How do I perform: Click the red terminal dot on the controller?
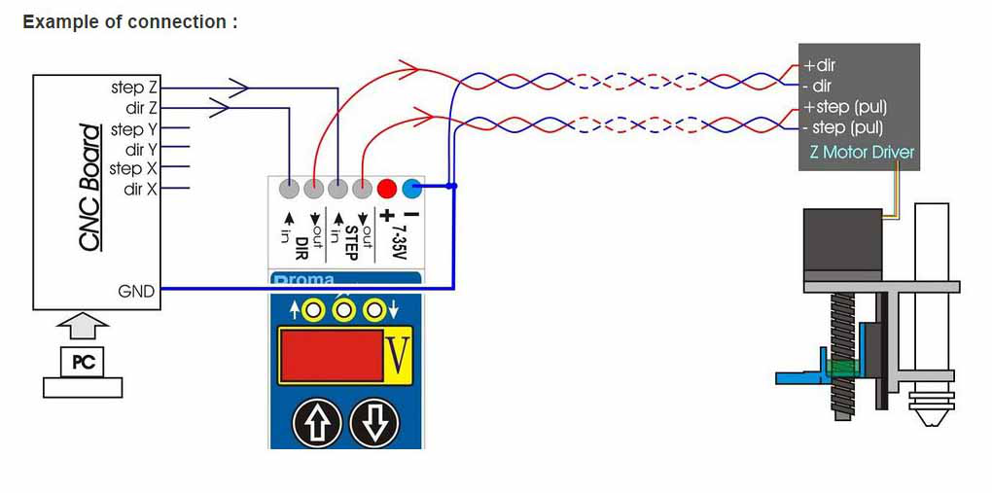386,188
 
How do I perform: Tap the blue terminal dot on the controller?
411,188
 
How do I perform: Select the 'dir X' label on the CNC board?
141,189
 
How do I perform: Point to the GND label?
136,291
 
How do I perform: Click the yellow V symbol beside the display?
398,356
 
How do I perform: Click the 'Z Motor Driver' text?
862,152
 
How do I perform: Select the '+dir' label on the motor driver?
820,65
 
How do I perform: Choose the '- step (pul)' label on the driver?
842,127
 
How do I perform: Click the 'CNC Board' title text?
90,188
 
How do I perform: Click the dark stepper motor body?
842,244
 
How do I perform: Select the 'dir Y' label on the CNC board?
141,150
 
